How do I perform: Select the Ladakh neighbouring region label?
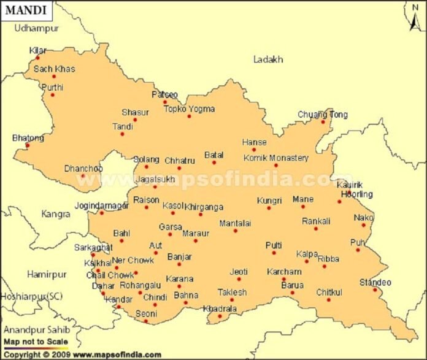(268, 59)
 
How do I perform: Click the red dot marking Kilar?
(37, 58)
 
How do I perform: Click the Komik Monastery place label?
(275, 158)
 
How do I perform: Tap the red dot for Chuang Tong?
(323, 121)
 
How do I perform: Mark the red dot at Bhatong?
(27, 145)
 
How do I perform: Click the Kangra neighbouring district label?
(56, 214)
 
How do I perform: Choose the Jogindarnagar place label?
(101, 205)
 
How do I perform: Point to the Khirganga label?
(204, 207)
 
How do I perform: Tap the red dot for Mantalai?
(235, 231)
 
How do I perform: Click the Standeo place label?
(375, 282)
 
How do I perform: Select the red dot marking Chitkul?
(328, 299)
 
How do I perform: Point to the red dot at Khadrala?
(219, 316)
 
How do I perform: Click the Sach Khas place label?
(54, 69)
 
